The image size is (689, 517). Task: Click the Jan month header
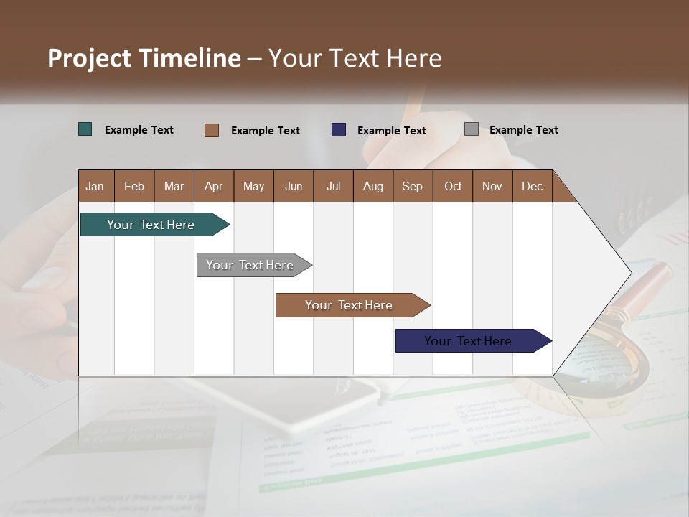pos(95,186)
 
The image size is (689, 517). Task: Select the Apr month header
pos(213,186)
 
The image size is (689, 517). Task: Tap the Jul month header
pos(333,186)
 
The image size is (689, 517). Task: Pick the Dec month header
pos(532,186)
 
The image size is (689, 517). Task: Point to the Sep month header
pos(412,186)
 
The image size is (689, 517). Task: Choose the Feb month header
pos(134,186)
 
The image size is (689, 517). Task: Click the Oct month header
pos(453,186)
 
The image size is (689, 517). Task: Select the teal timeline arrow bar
pos(151,225)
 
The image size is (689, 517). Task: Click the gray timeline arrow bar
pos(250,265)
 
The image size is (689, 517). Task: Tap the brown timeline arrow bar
pos(350,305)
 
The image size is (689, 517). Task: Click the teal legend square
pos(85,129)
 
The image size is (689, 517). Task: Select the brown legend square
pos(212,130)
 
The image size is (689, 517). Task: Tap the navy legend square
pos(339,130)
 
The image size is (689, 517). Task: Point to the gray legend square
pos(472,129)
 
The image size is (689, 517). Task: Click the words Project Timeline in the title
pos(144,58)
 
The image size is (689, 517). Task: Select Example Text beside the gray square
pos(523,130)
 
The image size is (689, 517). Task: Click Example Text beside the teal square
pos(139,130)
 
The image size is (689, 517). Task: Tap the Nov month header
pos(492,186)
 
